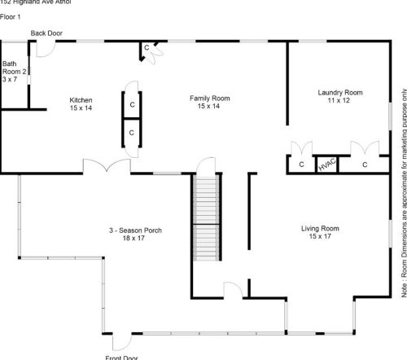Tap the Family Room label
[210, 98]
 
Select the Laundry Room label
[340, 91]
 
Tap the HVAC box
[326, 164]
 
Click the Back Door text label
[47, 33]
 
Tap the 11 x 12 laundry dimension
[340, 101]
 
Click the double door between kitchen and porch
[106, 167]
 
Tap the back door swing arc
[46, 48]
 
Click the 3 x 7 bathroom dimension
[10, 80]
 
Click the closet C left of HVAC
[300, 165]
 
